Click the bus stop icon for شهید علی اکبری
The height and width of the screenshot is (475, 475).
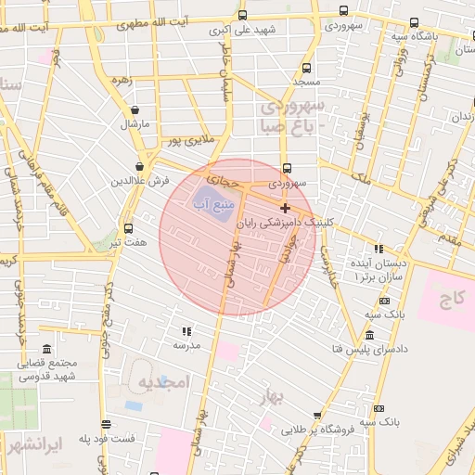(x=242, y=16)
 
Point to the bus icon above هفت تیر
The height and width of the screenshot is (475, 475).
(x=128, y=227)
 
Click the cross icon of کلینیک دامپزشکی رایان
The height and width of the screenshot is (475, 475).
(x=284, y=208)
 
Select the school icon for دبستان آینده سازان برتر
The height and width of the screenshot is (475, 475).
(x=378, y=248)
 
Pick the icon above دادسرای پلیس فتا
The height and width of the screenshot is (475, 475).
(x=370, y=334)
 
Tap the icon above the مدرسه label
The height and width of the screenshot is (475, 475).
(x=186, y=330)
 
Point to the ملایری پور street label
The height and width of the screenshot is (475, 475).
(x=190, y=142)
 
